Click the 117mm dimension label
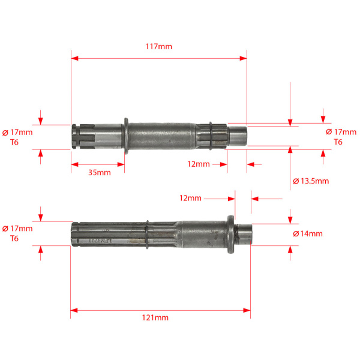(158, 47)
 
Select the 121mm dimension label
(155, 318)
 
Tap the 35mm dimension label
(100, 172)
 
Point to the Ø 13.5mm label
(311, 181)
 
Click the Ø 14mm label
(308, 234)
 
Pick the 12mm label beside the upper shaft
(199, 164)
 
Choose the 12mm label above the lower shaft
(190, 198)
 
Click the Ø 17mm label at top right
(341, 132)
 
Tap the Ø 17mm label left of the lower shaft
(17, 229)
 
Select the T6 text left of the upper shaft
(14, 142)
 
